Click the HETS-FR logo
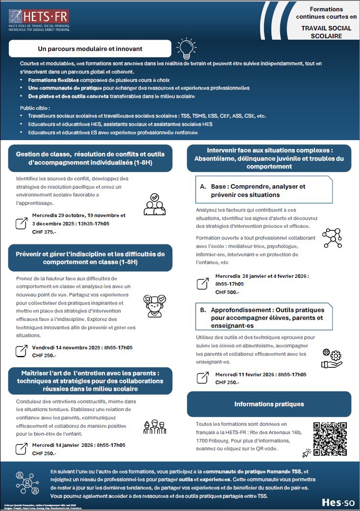coord(39,21)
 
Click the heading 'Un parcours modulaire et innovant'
coord(90,49)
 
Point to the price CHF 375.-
coord(44,232)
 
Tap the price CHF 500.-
coord(227,292)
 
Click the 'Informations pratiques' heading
coord(269,404)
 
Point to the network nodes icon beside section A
coord(332,238)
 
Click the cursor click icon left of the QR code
coord(307,452)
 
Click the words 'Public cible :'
coord(35,108)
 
